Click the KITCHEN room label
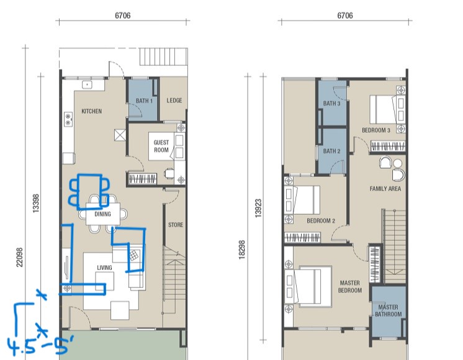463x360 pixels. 91,111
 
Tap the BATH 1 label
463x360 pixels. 144,101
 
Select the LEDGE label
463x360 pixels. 174,101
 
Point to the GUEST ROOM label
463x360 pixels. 161,146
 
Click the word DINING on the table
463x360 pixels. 103,214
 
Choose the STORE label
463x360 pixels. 176,225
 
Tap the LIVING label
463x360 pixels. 104,268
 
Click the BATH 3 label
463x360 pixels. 331,104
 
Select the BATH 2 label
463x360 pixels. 331,151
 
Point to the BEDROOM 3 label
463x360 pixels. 376,130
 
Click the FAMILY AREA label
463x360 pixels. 385,189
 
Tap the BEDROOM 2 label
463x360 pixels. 321,220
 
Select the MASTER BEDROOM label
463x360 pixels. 350,287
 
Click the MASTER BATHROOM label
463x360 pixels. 389,311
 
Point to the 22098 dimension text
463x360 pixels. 19,257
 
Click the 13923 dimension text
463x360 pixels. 258,209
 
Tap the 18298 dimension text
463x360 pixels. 242,250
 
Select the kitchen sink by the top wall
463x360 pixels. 87,85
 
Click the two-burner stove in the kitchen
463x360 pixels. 68,119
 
